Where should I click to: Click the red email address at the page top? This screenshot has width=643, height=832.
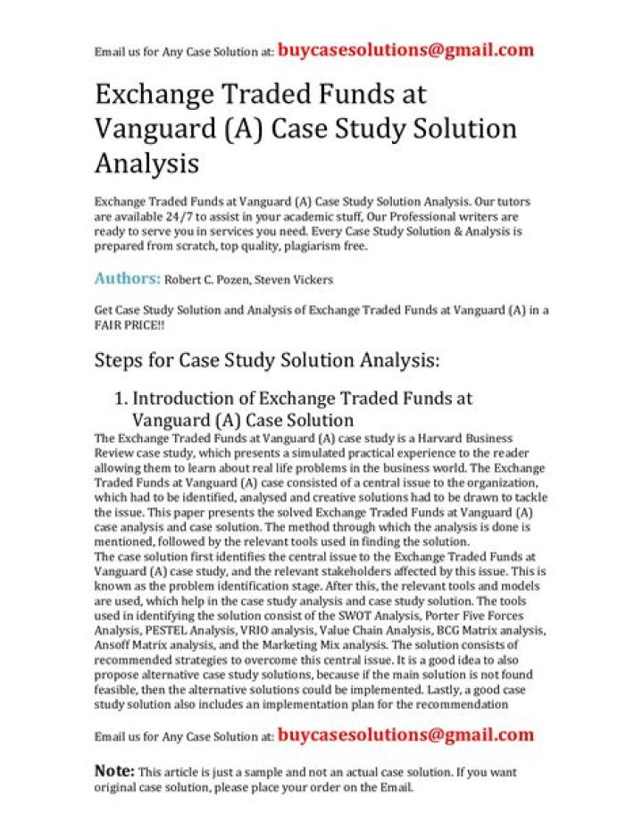point(405,50)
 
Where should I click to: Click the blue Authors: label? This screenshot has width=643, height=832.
point(128,279)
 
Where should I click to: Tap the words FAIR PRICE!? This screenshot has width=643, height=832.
point(129,325)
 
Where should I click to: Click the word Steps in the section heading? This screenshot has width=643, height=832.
point(118,361)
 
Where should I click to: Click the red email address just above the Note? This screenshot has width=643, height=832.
point(405,735)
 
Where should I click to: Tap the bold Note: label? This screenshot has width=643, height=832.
point(114,770)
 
